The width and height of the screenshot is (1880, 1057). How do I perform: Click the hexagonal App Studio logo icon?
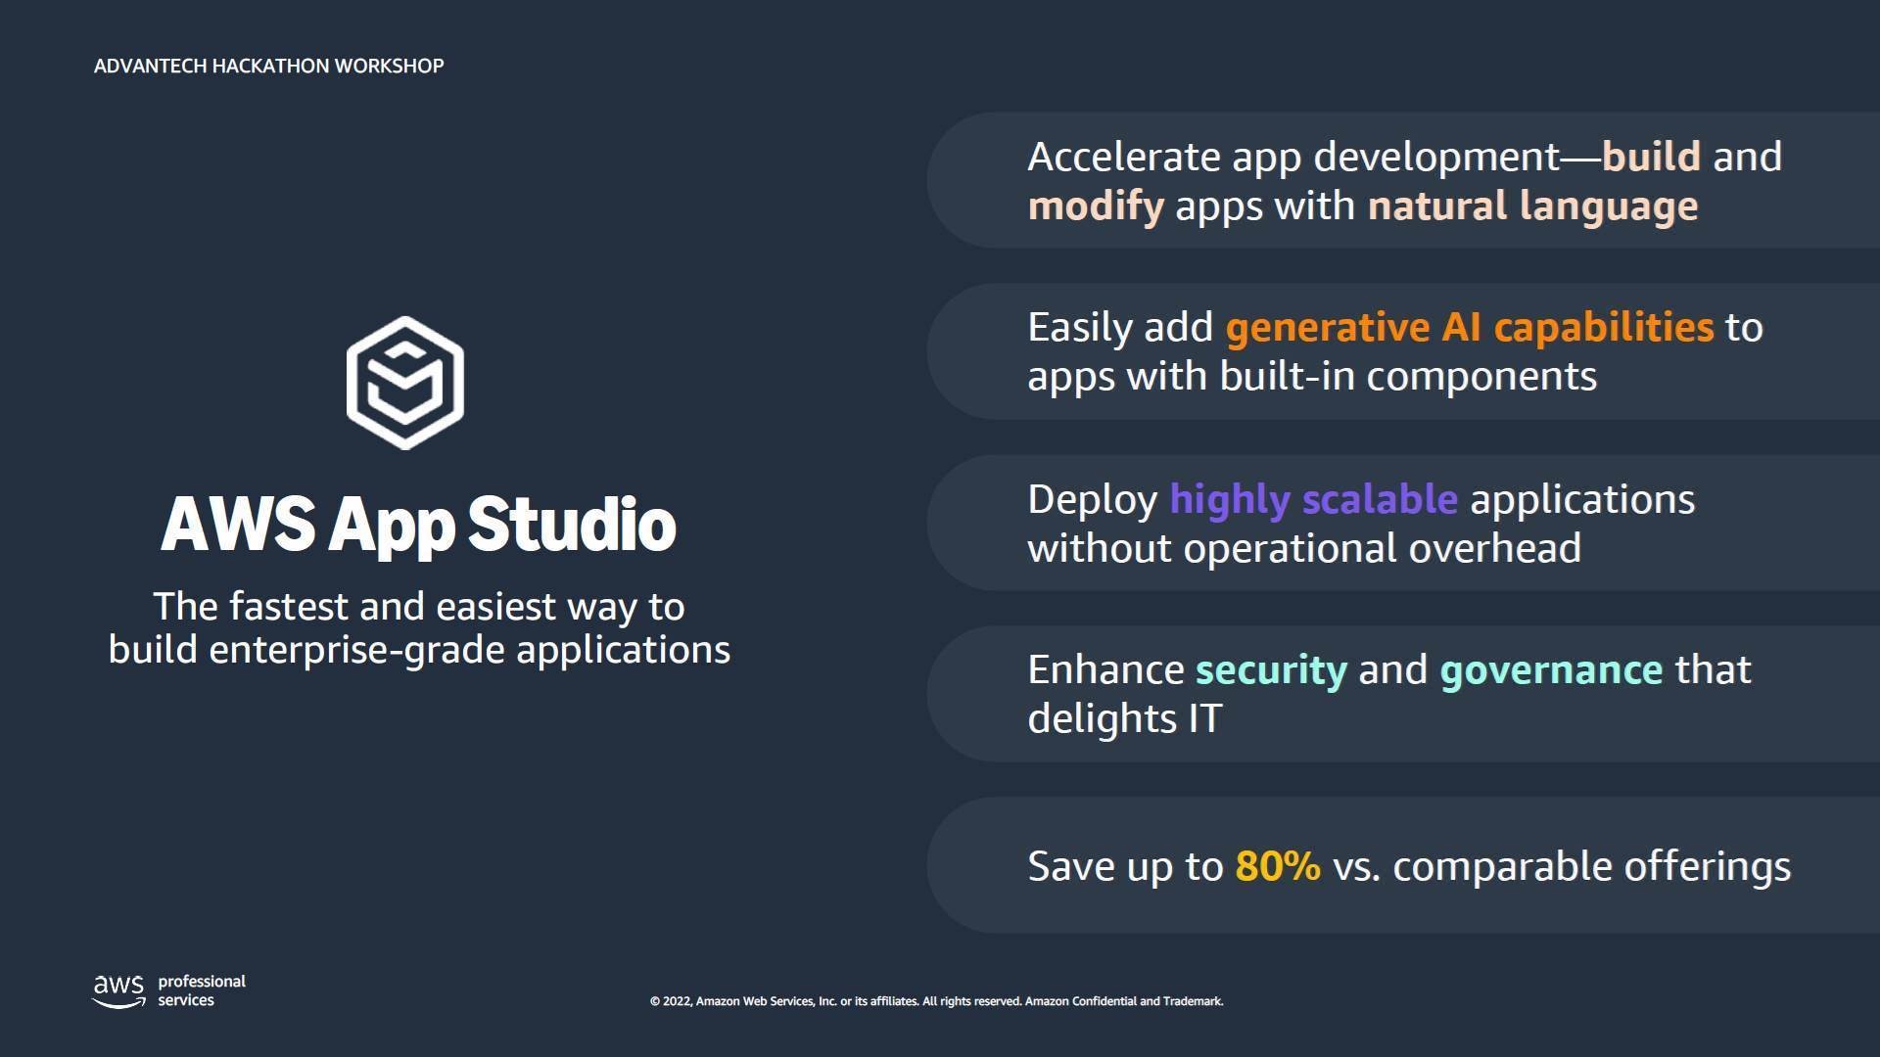[405, 383]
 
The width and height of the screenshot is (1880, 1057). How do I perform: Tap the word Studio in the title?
[572, 524]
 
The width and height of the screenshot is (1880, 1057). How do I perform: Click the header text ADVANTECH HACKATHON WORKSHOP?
[269, 66]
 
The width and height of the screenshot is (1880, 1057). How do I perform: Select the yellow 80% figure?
[1278, 866]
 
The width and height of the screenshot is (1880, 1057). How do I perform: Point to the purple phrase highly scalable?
[1313, 499]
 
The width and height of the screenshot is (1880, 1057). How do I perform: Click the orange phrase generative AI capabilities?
[1470, 328]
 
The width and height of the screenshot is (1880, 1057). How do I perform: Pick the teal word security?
[1271, 670]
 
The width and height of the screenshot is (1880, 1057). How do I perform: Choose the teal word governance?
[1551, 670]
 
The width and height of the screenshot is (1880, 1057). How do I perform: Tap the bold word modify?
[1096, 207]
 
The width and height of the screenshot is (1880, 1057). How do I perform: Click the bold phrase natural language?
[1532, 207]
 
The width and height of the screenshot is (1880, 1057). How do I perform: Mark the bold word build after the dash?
[1651, 157]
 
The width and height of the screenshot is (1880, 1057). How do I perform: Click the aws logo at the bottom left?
[118, 990]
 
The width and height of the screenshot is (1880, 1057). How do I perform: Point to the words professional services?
[202, 990]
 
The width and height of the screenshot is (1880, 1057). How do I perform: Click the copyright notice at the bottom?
[936, 1001]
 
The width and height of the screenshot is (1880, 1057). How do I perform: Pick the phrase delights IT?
[1125, 719]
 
